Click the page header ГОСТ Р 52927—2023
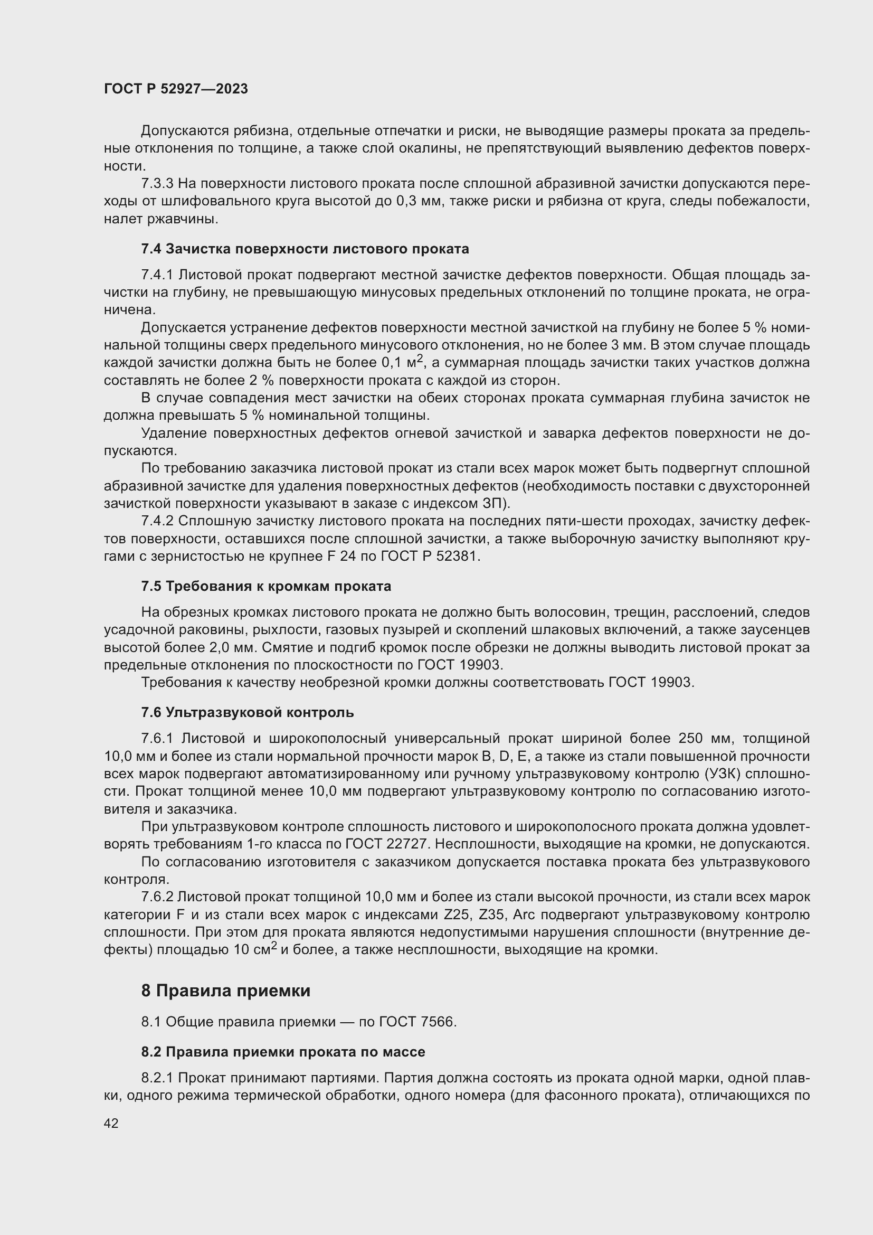[x=176, y=89]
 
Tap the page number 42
[x=111, y=1123]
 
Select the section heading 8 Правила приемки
[x=226, y=990]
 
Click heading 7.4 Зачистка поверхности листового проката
[x=305, y=249]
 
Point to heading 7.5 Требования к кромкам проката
[x=266, y=586]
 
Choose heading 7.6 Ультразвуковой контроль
[x=247, y=713]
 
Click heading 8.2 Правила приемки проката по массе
[x=283, y=1052]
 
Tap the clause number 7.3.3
[x=157, y=184]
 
